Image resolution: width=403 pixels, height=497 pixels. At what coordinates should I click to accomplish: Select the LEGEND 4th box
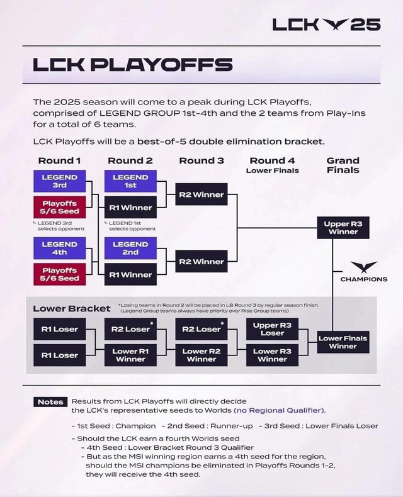[x=60, y=249]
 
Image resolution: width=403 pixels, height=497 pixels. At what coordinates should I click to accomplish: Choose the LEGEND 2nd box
[x=130, y=249]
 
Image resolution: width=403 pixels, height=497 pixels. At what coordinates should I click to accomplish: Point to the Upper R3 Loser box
[x=273, y=329]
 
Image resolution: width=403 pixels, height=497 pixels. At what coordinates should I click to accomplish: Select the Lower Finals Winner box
[x=343, y=342]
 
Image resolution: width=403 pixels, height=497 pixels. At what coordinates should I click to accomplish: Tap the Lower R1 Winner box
[x=130, y=355]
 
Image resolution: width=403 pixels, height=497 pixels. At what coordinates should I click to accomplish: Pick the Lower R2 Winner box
[x=201, y=355]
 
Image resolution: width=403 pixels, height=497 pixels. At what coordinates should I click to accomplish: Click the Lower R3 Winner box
[x=273, y=355]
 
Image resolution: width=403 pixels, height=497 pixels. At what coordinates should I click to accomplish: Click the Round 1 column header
[x=60, y=161]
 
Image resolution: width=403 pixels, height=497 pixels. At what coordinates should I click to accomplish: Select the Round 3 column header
[x=201, y=161]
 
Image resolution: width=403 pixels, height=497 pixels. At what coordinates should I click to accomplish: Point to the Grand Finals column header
[x=343, y=165]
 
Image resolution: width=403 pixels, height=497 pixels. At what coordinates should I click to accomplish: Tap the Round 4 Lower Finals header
[x=273, y=165]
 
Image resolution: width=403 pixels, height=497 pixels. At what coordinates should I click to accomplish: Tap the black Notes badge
[x=50, y=402]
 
